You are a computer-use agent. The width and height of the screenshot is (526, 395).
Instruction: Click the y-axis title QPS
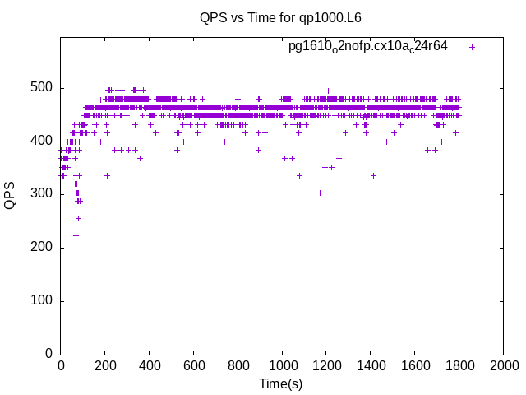pyautogui.click(x=11, y=195)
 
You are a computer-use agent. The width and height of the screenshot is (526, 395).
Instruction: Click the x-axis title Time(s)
pyautogui.click(x=281, y=383)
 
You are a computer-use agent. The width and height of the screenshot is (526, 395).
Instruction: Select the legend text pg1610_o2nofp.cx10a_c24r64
pyautogui.click(x=367, y=46)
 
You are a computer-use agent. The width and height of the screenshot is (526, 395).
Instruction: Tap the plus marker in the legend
pyautogui.click(x=472, y=47)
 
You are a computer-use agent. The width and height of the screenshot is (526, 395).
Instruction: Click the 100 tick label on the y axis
pyautogui.click(x=44, y=300)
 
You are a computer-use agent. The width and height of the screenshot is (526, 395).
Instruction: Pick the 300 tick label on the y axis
pyautogui.click(x=44, y=194)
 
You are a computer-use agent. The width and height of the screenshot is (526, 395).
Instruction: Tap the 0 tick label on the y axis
pyautogui.click(x=49, y=354)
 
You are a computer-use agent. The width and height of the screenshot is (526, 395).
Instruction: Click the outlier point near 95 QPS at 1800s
pyautogui.click(x=459, y=304)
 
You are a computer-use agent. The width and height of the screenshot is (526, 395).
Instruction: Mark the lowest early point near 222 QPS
pyautogui.click(x=76, y=235)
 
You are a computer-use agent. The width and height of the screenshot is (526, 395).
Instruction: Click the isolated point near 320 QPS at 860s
pyautogui.click(x=251, y=184)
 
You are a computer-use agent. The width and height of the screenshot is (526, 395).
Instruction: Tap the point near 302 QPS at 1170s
pyautogui.click(x=320, y=193)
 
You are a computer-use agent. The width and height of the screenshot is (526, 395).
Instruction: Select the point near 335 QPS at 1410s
pyautogui.click(x=373, y=175)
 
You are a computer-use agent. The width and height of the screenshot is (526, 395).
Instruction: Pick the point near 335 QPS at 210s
pyautogui.click(x=107, y=175)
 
